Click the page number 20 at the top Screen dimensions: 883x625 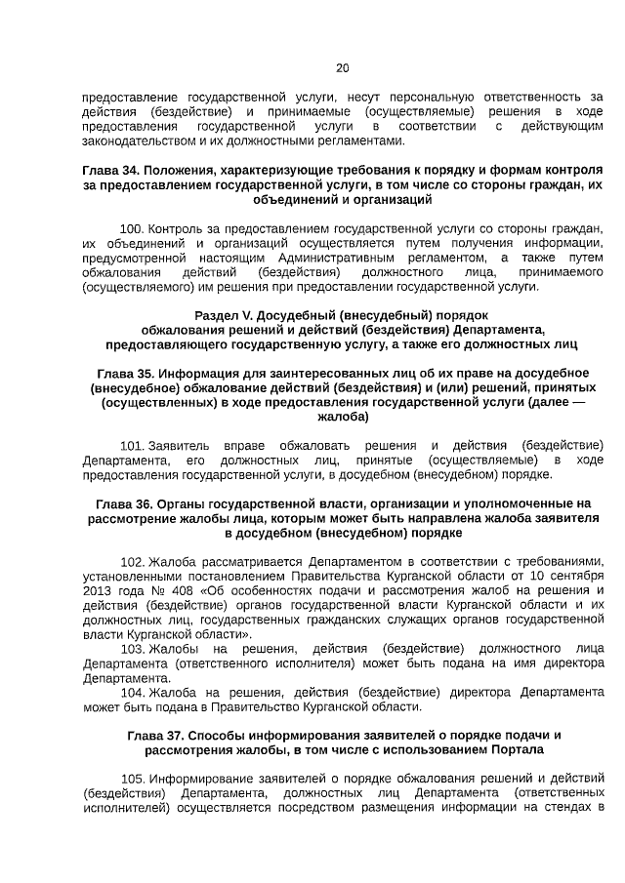coord(342,68)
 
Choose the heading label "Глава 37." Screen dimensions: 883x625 coord(155,734)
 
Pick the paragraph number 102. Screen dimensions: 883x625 coord(133,562)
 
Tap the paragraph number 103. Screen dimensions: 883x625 coord(133,649)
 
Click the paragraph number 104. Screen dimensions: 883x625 coord(133,692)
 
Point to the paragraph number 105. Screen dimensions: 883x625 coord(133,779)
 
